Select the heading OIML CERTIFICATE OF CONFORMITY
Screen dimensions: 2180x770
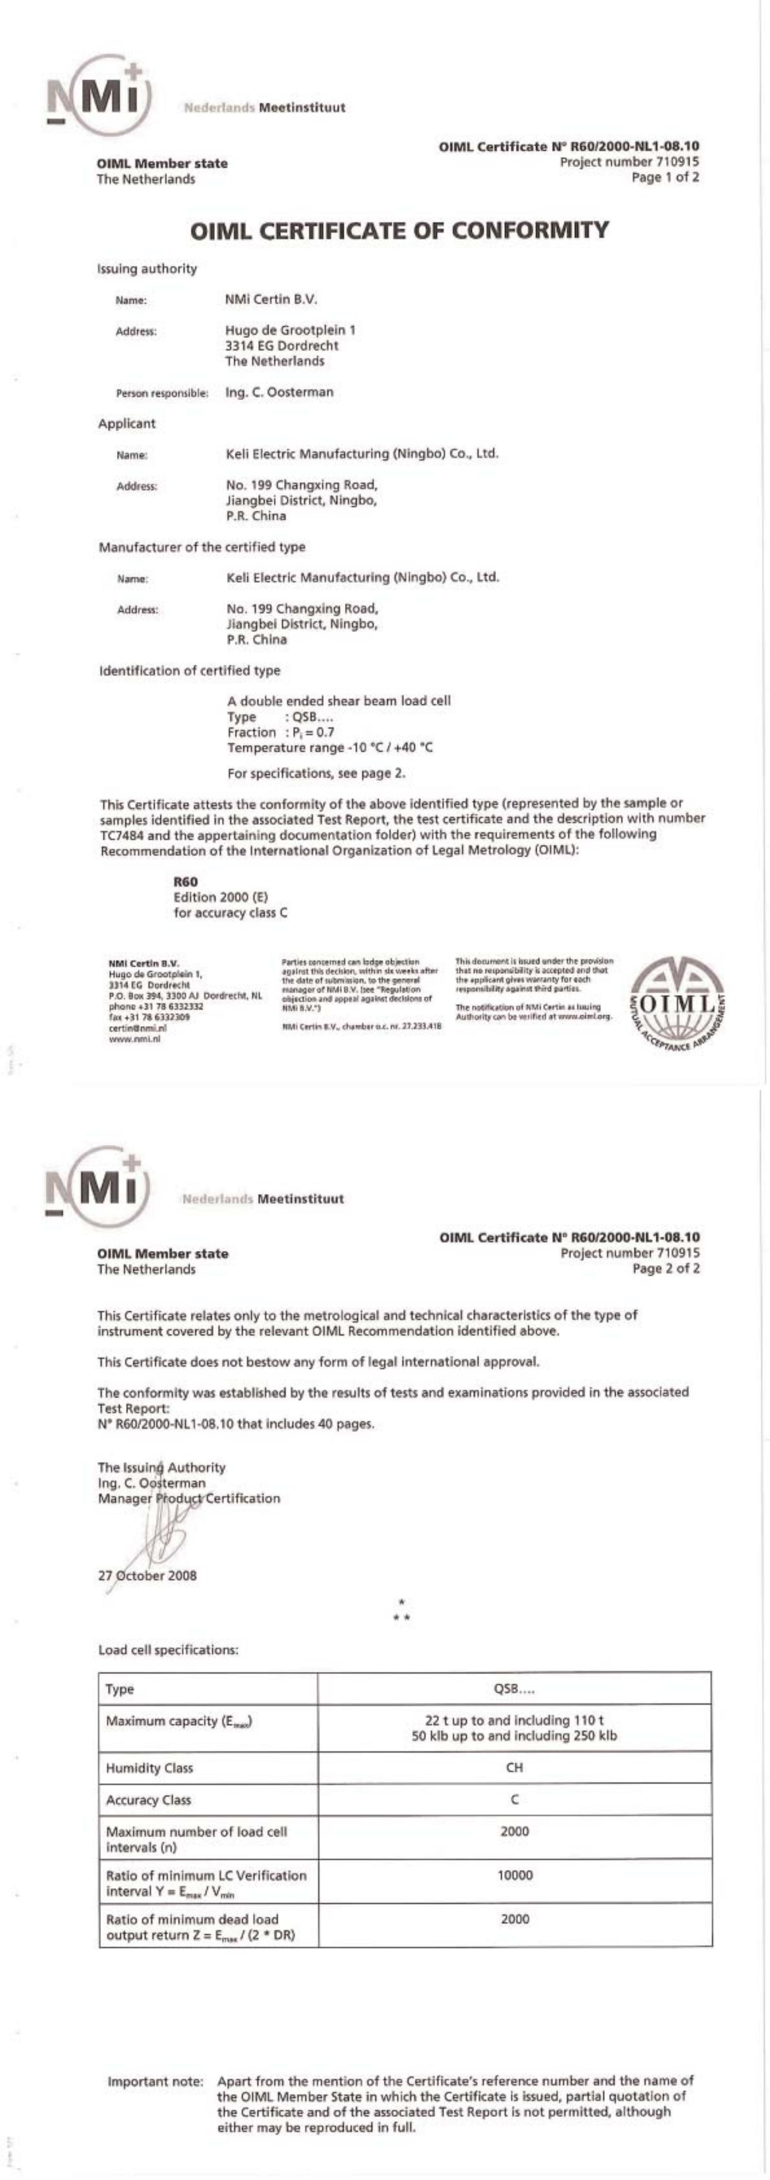click(398, 230)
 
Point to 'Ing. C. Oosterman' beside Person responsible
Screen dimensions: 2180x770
click(279, 392)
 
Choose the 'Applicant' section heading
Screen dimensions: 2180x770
click(127, 423)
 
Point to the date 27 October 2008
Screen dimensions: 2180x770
click(147, 1576)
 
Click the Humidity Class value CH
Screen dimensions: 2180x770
click(514, 1768)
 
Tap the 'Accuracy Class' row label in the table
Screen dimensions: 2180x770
click(148, 1800)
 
